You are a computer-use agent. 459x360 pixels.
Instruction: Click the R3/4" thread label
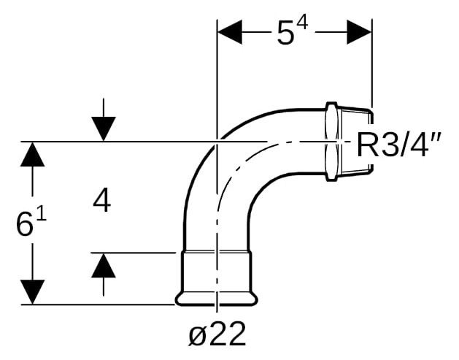pyautogui.click(x=398, y=145)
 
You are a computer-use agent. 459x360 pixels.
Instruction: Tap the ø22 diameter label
pyautogui.click(x=217, y=334)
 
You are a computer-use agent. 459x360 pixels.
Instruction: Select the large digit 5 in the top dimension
pyautogui.click(x=285, y=34)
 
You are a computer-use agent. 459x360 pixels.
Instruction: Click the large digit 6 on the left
pyautogui.click(x=24, y=224)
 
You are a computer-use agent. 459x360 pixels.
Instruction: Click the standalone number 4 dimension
pyautogui.click(x=102, y=202)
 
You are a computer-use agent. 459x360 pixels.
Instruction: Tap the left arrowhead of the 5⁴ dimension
pyautogui.click(x=230, y=32)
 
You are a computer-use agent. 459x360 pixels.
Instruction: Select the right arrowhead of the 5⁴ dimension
pyautogui.click(x=359, y=32)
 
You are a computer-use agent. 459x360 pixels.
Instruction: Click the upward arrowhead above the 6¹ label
pyautogui.click(x=33, y=154)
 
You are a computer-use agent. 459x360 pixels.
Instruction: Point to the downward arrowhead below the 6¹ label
pyautogui.click(x=33, y=292)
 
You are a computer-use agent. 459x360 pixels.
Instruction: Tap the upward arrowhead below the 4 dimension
pyautogui.click(x=104, y=265)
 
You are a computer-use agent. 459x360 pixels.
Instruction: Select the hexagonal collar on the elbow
pyautogui.click(x=332, y=142)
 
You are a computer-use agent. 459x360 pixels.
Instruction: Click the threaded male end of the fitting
pyautogui.click(x=355, y=142)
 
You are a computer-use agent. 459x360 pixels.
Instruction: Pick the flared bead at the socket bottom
pyautogui.click(x=217, y=299)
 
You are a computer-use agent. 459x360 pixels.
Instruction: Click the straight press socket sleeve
pyautogui.click(x=217, y=272)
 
